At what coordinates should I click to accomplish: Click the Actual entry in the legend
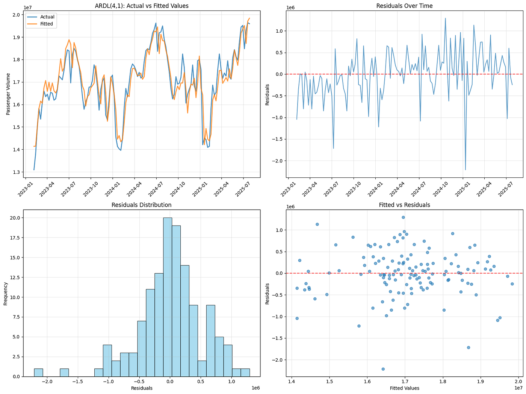click(x=47, y=17)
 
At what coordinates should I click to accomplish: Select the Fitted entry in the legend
click(x=47, y=24)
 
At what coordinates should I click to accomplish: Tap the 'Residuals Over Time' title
click(x=405, y=6)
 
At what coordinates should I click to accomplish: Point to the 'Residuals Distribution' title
click(x=141, y=205)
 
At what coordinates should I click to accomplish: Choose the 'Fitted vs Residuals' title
click(x=405, y=205)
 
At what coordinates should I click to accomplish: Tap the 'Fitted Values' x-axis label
click(x=405, y=388)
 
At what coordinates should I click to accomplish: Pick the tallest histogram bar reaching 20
click(x=168, y=297)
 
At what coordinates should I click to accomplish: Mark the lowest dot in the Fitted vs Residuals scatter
click(x=383, y=369)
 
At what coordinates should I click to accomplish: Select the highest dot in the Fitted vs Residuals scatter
click(x=403, y=217)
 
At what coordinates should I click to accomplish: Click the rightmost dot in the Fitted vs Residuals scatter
click(x=512, y=284)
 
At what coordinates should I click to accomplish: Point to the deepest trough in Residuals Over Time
click(x=466, y=170)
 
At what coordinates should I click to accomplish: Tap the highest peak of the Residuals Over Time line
click(x=445, y=18)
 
